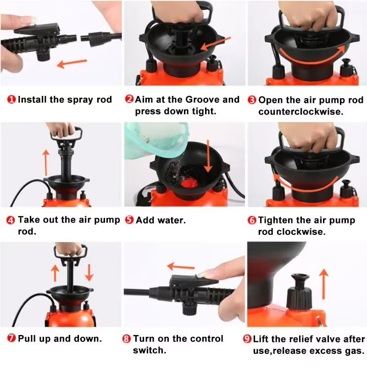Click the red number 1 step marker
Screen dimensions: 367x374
click(x=11, y=100)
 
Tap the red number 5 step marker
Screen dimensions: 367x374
click(x=129, y=220)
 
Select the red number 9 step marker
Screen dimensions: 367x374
click(x=247, y=339)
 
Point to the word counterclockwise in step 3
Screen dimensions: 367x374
click(x=300, y=112)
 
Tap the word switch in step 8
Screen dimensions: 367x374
click(x=149, y=350)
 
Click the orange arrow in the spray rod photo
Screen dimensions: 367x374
click(x=72, y=63)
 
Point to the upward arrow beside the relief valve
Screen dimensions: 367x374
click(x=323, y=284)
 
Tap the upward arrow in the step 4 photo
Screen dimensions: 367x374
click(x=46, y=163)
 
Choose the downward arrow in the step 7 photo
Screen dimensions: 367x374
click(x=89, y=272)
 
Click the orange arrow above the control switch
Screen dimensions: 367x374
click(x=181, y=267)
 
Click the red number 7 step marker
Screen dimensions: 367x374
click(x=11, y=338)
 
